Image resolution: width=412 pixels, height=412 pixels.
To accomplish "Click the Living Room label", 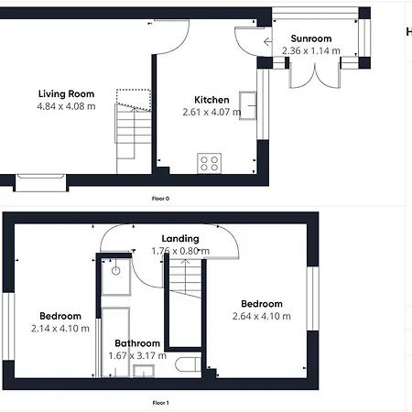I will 66,93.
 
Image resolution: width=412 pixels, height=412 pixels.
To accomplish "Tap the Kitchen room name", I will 211,100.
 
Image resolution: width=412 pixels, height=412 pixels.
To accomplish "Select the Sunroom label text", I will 310,39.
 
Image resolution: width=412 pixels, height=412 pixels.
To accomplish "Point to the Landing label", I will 179,239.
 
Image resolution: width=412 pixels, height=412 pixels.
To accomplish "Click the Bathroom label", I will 137,344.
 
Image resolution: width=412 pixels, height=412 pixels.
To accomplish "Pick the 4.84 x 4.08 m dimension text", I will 66,106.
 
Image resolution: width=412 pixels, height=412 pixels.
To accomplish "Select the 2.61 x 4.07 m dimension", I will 211,113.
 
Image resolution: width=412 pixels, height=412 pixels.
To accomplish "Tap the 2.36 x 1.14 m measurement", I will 310,51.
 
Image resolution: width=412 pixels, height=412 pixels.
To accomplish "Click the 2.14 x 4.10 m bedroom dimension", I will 60,328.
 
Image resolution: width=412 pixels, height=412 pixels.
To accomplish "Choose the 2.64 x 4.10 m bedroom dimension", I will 262,317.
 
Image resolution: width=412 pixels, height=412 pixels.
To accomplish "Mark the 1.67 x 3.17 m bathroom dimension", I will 137,356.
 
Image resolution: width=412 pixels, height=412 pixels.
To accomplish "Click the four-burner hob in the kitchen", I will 209,164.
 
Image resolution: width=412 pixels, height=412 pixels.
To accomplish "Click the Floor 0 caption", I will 160,198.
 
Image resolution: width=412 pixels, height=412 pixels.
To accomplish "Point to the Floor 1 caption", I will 160,402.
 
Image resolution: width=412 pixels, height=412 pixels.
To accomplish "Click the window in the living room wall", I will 40,181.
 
